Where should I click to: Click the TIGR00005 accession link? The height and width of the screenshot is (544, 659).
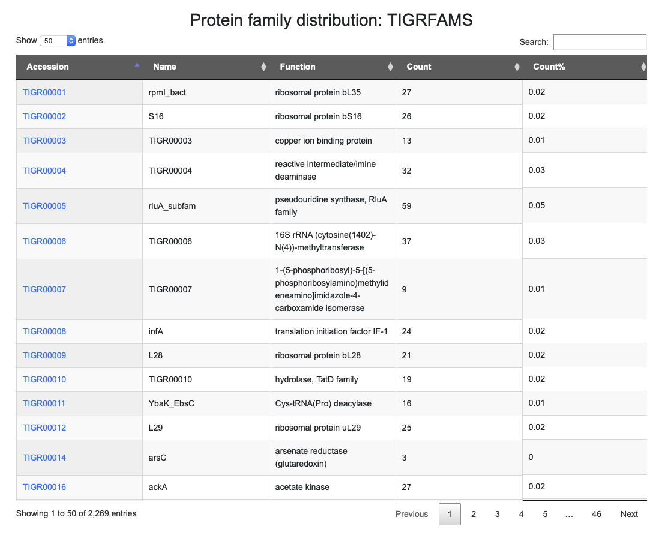(44, 206)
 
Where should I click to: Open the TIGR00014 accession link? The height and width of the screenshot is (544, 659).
(44, 458)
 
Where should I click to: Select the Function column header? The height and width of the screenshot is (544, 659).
(298, 67)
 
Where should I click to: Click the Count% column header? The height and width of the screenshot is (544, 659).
(549, 67)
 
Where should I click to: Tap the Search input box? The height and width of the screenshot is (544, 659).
(599, 42)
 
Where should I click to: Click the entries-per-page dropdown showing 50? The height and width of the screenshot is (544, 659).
(57, 41)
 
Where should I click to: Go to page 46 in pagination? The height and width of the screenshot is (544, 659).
(596, 514)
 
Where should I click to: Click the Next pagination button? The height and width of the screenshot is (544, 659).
(629, 514)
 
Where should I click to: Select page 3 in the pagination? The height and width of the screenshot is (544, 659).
(498, 514)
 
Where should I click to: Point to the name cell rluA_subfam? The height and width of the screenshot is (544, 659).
(172, 206)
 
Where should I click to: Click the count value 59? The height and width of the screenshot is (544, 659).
(406, 206)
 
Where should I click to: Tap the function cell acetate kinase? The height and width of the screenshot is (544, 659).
(302, 487)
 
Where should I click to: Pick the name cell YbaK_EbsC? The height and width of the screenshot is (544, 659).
(172, 403)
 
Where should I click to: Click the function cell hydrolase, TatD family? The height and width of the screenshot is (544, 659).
(316, 379)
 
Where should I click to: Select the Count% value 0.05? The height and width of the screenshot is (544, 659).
(537, 205)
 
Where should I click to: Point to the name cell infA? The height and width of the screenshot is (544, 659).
(156, 331)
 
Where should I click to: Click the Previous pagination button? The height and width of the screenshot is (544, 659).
(412, 514)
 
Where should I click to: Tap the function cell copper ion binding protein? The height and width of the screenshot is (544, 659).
(323, 141)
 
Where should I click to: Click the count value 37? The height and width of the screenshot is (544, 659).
(406, 241)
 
